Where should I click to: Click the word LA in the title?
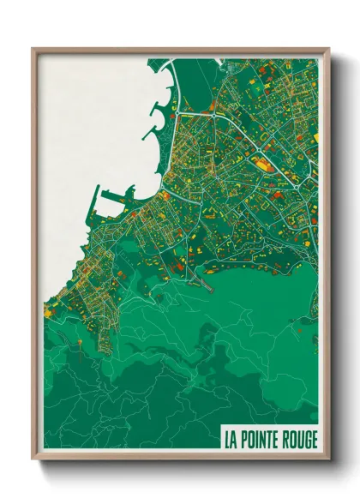click(x=231, y=440)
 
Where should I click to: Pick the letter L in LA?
click(x=227, y=440)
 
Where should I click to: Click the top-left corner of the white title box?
click(x=220, y=427)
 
